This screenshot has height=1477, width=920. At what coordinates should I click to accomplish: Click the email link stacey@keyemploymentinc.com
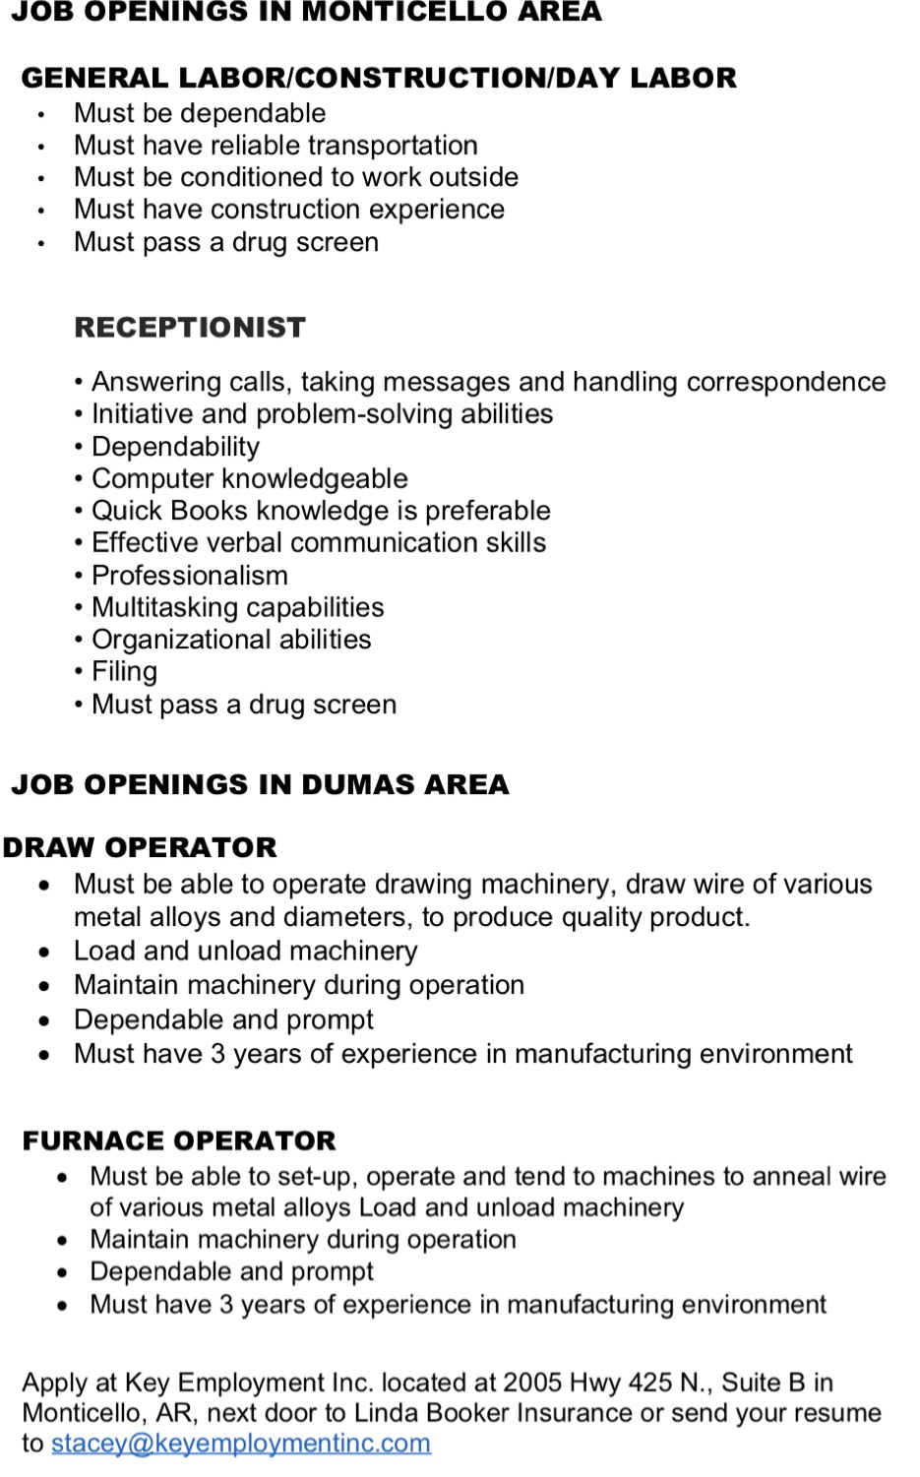240,1443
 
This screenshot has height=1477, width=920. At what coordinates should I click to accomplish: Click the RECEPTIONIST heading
190,328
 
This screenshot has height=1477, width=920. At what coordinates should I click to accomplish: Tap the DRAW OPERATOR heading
140,847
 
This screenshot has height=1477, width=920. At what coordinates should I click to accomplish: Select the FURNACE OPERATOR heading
179,1140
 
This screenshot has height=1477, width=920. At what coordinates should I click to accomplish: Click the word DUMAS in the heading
350,784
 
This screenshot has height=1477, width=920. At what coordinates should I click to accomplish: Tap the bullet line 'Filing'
124,672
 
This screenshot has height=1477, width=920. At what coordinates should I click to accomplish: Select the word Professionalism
189,575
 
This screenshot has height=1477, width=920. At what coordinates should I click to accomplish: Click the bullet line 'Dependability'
175,447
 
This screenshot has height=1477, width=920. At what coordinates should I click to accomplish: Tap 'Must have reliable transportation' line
276,146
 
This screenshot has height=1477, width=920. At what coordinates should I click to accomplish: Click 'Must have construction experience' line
288,210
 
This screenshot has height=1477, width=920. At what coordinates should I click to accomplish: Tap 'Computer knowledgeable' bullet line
249,478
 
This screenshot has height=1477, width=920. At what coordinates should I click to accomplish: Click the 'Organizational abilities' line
231,640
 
